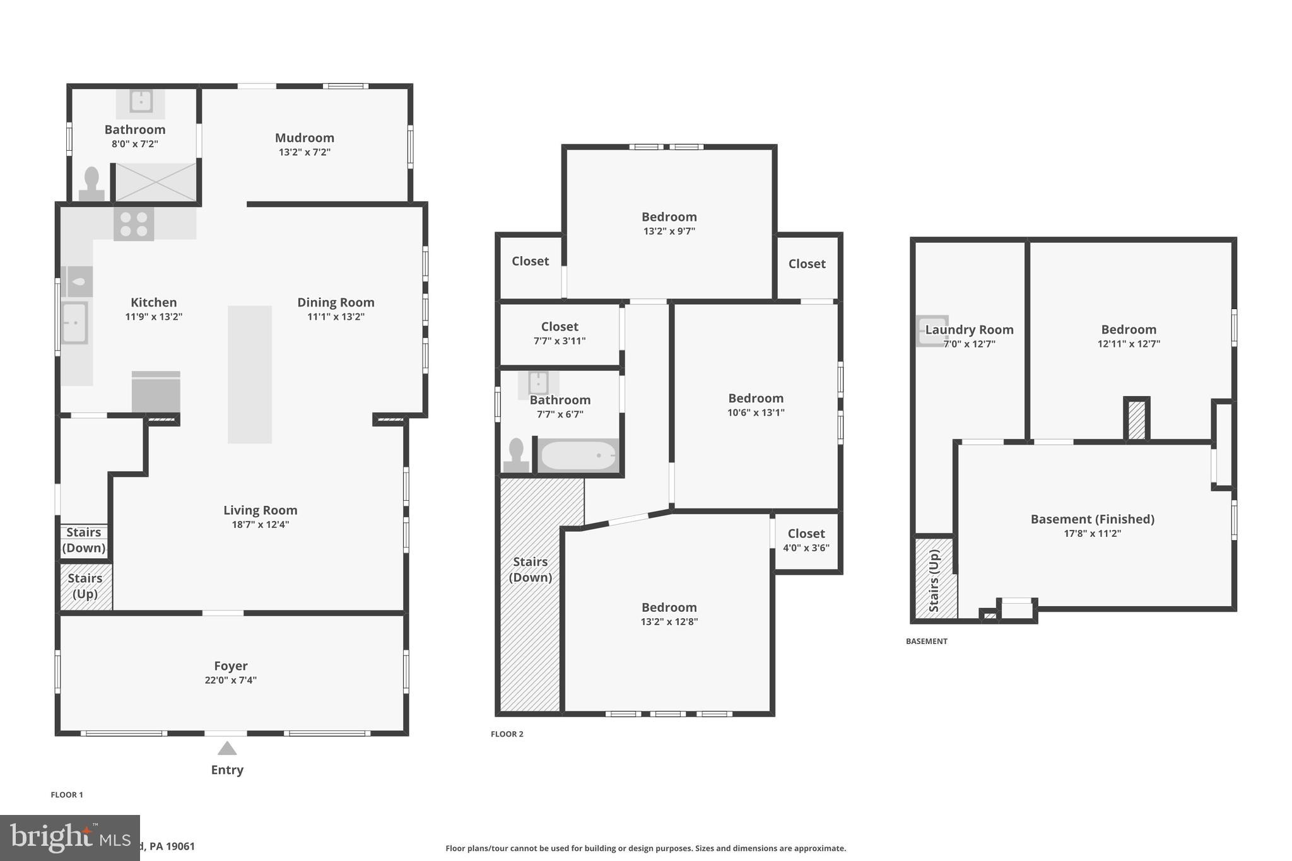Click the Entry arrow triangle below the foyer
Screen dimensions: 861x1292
[227, 749]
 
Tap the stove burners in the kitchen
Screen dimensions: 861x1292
[134, 224]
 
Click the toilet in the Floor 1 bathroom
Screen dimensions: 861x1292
[91, 185]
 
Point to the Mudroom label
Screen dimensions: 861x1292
[304, 138]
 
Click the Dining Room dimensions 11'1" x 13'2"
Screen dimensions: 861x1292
[336, 317]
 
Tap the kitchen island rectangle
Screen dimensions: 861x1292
[250, 374]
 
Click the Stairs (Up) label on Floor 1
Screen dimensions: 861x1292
[85, 586]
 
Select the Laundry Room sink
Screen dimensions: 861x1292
[931, 331]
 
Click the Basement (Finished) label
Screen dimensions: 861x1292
[1092, 519]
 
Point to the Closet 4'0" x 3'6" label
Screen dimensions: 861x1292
[806, 541]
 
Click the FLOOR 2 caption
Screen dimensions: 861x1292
[507, 734]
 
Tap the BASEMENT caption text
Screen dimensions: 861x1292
[926, 641]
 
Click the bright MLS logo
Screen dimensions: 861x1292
[69, 838]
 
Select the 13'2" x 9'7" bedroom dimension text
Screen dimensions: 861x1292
[669, 231]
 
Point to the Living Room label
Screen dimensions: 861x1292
[260, 510]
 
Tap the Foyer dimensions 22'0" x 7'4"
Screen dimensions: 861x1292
[230, 680]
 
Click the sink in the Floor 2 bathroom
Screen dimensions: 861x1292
[538, 383]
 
